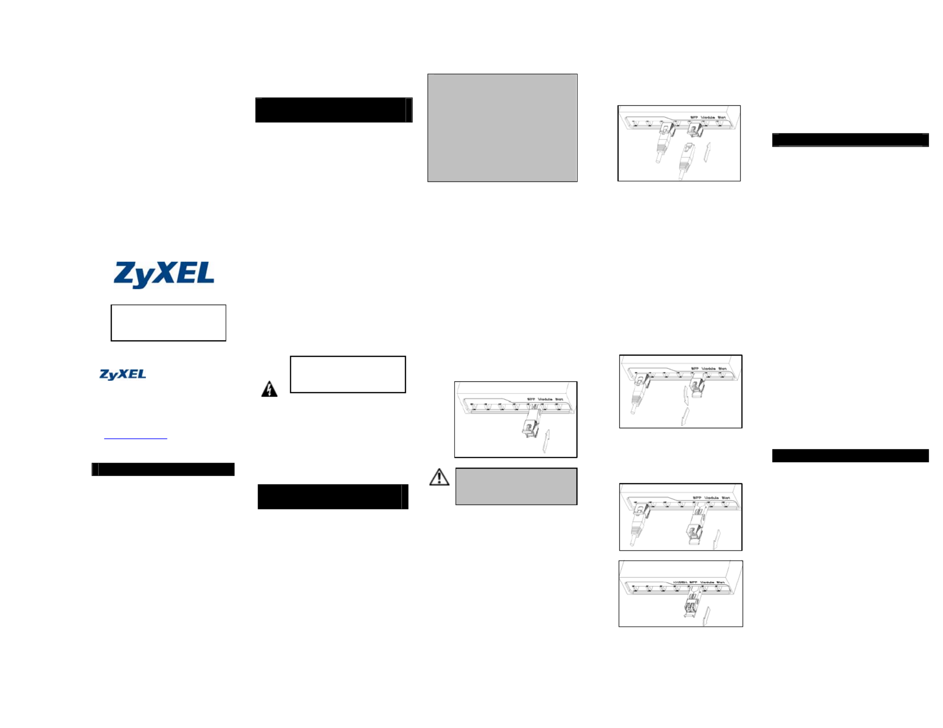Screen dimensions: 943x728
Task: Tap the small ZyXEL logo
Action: [122, 374]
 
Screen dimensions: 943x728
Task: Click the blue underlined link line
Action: [135, 439]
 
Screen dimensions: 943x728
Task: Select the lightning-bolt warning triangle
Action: [269, 389]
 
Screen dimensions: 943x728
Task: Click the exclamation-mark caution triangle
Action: [439, 477]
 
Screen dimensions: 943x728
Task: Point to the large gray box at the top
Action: [502, 128]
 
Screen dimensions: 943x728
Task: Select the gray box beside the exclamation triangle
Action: [516, 486]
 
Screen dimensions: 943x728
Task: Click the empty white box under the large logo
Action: [168, 323]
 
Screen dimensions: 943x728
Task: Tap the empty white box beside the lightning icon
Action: [348, 374]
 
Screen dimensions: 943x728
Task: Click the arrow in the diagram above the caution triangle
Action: [546, 441]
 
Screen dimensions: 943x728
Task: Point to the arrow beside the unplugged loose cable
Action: [707, 152]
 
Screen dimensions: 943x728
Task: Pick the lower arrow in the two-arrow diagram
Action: [684, 417]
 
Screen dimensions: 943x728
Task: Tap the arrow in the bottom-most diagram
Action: [706, 616]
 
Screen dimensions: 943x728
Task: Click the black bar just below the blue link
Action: [163, 469]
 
